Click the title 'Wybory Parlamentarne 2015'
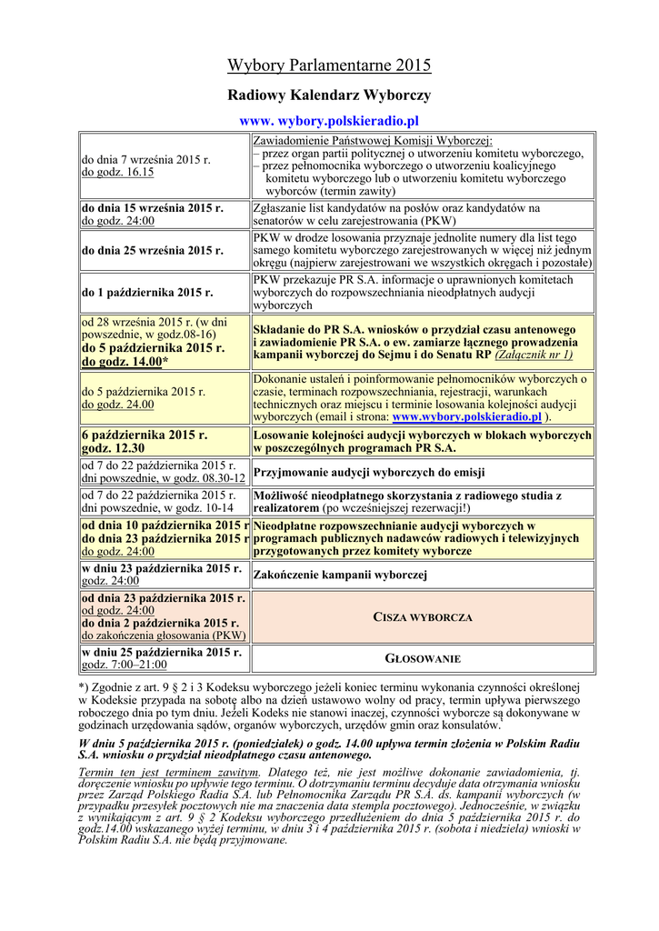(329, 65)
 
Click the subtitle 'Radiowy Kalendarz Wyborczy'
(329, 95)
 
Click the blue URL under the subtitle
(329, 120)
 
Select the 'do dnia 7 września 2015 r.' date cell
(145, 159)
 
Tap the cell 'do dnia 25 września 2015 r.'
(153, 250)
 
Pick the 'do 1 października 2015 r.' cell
(147, 293)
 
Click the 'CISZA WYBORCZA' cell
(423, 617)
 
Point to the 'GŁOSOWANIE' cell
(423, 658)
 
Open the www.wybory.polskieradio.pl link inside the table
(466, 416)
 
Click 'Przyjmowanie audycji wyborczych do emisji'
(368, 473)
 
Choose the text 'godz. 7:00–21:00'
(121, 665)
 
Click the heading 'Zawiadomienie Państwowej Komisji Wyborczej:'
(373, 140)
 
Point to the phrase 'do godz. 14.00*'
(125, 361)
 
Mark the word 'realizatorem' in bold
(290, 507)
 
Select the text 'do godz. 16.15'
(117, 171)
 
